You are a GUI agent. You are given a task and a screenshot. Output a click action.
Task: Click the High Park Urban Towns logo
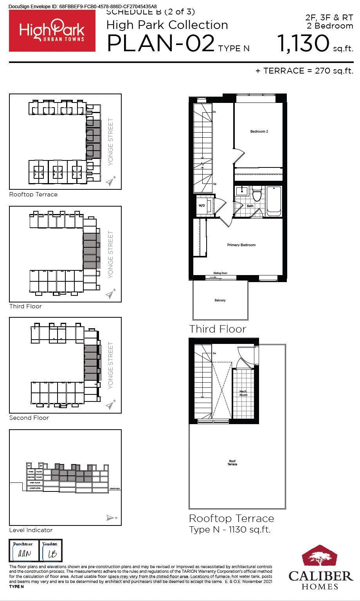[x=52, y=31]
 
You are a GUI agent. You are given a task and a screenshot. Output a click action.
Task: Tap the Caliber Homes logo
[x=320, y=567]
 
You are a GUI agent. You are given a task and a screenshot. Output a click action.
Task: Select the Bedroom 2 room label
[x=259, y=131]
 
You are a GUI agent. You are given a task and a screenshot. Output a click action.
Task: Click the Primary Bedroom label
[x=241, y=245]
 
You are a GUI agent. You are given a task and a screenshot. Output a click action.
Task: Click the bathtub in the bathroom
[x=274, y=201]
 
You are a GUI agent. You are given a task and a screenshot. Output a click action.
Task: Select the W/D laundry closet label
[x=202, y=205]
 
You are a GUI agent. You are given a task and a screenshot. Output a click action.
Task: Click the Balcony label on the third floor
[x=220, y=300]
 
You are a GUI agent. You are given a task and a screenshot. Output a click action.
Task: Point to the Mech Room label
[x=243, y=393]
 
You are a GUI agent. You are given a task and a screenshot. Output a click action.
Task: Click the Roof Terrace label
[x=232, y=463]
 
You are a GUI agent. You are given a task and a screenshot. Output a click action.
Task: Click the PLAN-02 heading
[x=160, y=43]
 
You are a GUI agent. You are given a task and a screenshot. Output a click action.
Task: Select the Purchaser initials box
[x=22, y=551]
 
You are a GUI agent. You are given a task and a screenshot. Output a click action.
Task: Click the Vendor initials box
[x=51, y=551]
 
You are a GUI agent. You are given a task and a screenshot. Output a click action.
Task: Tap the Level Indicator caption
[x=31, y=530]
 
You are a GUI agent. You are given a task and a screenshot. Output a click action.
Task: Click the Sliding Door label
[x=220, y=273]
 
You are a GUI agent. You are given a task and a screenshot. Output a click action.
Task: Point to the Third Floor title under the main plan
[x=218, y=329]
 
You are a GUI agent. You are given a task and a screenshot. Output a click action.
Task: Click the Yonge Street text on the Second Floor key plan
[x=111, y=365]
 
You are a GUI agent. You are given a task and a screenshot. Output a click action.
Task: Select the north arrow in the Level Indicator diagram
[x=111, y=518]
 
